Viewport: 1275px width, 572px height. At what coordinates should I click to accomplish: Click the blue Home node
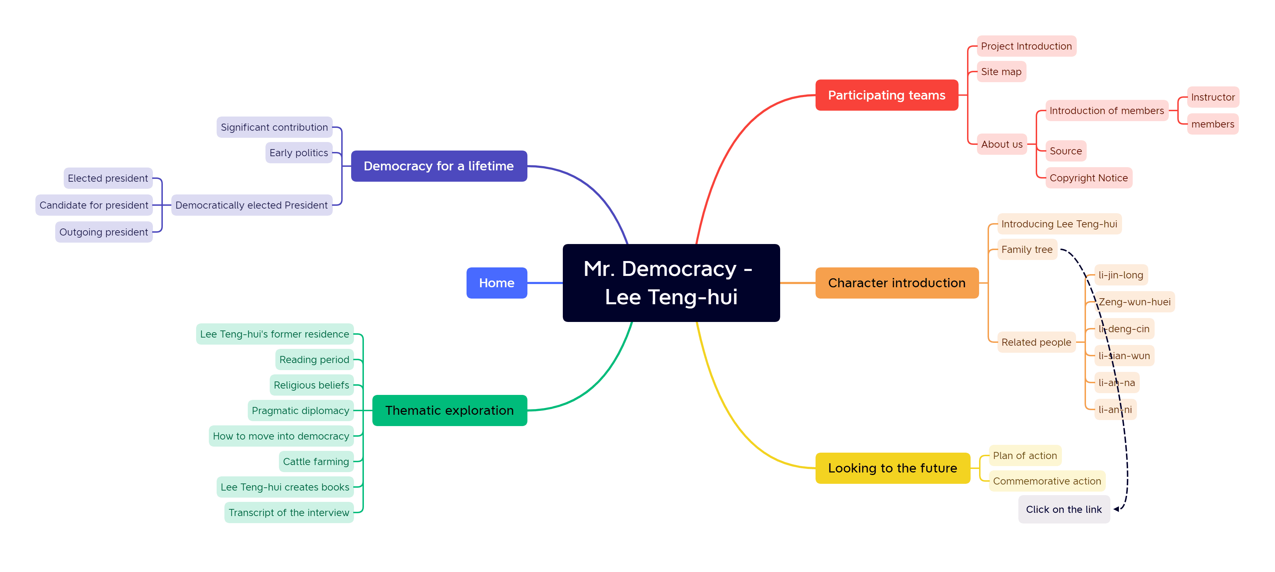click(496, 283)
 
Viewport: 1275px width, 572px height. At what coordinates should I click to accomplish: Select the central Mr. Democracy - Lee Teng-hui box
click(671, 283)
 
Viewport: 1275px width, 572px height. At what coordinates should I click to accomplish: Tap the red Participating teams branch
click(886, 95)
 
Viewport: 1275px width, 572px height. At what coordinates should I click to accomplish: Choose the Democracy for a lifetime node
click(439, 166)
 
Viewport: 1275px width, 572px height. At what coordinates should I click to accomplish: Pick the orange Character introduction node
click(896, 283)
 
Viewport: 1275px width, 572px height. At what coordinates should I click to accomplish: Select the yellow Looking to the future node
click(892, 468)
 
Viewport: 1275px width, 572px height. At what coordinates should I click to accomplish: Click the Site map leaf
click(1001, 72)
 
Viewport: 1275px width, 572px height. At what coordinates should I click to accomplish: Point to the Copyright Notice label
click(1088, 178)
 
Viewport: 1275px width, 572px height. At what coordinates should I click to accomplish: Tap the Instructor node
click(1213, 97)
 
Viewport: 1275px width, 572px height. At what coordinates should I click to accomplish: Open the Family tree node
click(1027, 250)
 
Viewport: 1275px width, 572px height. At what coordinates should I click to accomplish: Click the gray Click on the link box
click(1064, 509)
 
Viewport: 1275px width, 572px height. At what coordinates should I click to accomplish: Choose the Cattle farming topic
click(316, 461)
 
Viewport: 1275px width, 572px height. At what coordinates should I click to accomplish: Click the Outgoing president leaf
click(103, 232)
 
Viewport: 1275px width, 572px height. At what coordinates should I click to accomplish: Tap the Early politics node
click(298, 153)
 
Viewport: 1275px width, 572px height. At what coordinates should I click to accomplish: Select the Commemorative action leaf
click(1047, 481)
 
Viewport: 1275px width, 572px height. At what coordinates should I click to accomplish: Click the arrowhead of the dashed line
click(1117, 509)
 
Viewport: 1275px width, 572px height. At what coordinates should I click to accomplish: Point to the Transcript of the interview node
click(288, 512)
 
